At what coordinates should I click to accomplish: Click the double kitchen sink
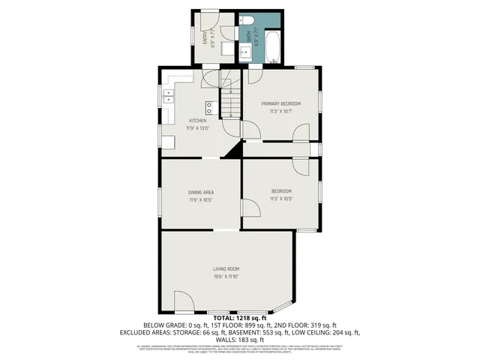tap(168, 95)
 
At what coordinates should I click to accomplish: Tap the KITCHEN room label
tap(198, 121)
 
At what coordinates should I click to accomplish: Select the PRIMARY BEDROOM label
tap(280, 103)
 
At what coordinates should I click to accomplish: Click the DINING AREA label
tap(200, 192)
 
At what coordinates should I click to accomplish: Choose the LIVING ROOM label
tap(226, 269)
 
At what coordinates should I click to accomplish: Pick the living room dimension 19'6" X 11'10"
tap(226, 277)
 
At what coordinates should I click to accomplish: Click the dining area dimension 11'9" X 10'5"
tap(200, 200)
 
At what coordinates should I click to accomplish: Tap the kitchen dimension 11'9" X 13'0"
tap(198, 128)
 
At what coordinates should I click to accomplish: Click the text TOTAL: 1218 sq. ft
tap(239, 318)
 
